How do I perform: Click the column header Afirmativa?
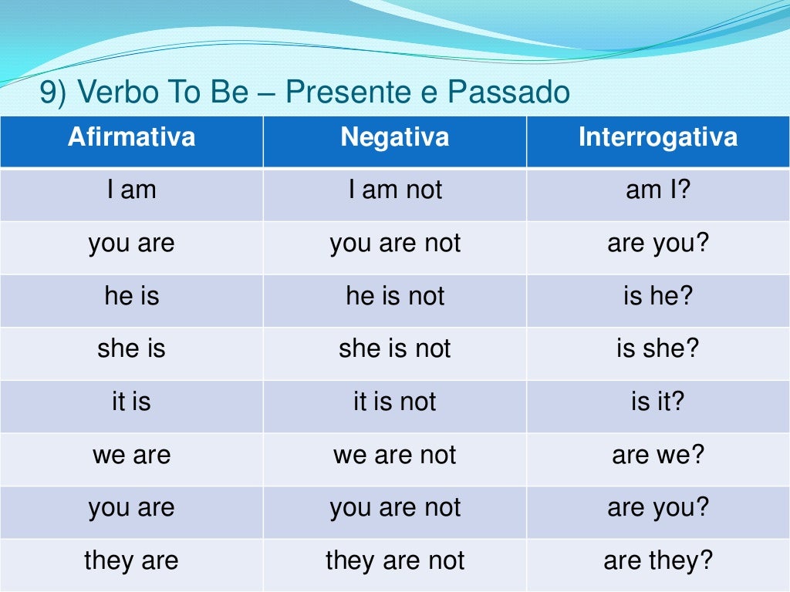pyautogui.click(x=131, y=138)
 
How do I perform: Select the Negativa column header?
pyautogui.click(x=394, y=138)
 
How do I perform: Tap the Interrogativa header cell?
pyautogui.click(x=657, y=138)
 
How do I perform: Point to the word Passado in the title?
pyautogui.click(x=508, y=93)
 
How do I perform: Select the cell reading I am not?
pyautogui.click(x=395, y=190)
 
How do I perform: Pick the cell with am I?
pyautogui.click(x=657, y=190)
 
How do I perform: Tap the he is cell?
pyautogui.click(x=131, y=297)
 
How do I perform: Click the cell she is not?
pyautogui.click(x=395, y=349)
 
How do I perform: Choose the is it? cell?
pyautogui.click(x=657, y=402)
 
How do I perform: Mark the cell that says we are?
pyautogui.click(x=131, y=455)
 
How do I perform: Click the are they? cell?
pyautogui.click(x=657, y=560)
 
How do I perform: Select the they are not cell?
pyautogui.click(x=395, y=560)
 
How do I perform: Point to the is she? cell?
pyautogui.click(x=657, y=349)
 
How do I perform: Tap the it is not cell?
pyautogui.click(x=395, y=402)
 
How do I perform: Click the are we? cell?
pyautogui.click(x=657, y=455)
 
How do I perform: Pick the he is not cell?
pyautogui.click(x=395, y=297)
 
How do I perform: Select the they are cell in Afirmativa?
pyautogui.click(x=131, y=560)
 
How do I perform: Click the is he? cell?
pyautogui.click(x=657, y=297)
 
